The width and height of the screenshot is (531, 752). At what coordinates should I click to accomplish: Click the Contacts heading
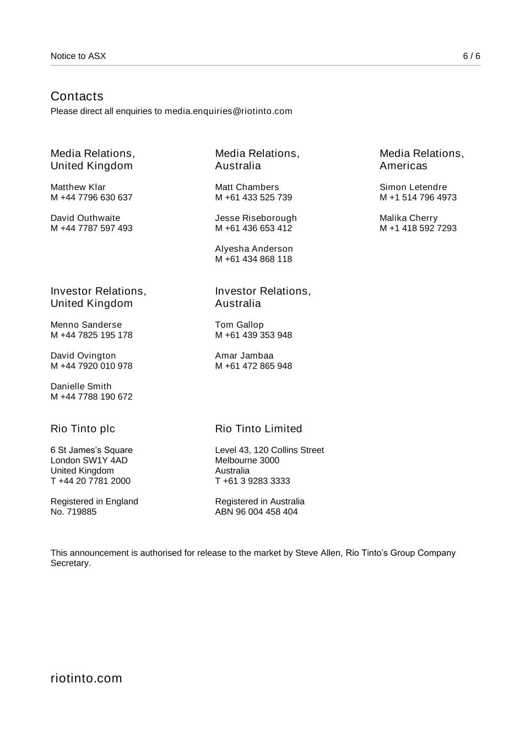tap(77, 96)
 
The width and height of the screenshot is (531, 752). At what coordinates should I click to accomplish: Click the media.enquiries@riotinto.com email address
tap(228, 111)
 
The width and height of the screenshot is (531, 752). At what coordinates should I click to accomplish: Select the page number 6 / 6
tap(471, 56)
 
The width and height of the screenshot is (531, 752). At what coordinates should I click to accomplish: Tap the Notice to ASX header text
tap(78, 56)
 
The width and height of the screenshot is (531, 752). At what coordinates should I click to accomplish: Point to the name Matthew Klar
tap(78, 187)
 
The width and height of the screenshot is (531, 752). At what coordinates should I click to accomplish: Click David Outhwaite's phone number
tap(91, 228)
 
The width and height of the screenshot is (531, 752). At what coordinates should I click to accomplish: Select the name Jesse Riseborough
tap(256, 218)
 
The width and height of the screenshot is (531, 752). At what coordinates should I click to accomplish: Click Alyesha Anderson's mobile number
tap(253, 259)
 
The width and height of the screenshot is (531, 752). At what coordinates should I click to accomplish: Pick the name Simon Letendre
tap(413, 187)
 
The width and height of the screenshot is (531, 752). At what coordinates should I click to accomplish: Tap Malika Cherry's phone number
tap(418, 228)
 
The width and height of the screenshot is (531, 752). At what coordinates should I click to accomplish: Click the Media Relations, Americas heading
tap(421, 160)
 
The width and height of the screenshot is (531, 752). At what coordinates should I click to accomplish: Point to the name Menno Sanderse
tap(86, 325)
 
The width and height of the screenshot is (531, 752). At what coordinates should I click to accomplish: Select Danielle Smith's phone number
tap(91, 397)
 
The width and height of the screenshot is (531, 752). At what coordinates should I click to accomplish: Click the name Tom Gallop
tap(239, 325)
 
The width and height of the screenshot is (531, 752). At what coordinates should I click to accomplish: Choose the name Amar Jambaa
tap(244, 356)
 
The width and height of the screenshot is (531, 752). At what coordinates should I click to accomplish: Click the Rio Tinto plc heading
tap(83, 429)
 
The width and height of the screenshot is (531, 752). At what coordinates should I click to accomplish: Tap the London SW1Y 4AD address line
tap(89, 461)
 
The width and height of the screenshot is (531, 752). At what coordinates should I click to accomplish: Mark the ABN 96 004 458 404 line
tap(256, 512)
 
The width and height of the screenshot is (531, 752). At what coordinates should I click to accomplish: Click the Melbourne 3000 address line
tap(247, 461)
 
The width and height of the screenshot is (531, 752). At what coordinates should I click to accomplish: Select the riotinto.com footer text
tap(86, 678)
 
